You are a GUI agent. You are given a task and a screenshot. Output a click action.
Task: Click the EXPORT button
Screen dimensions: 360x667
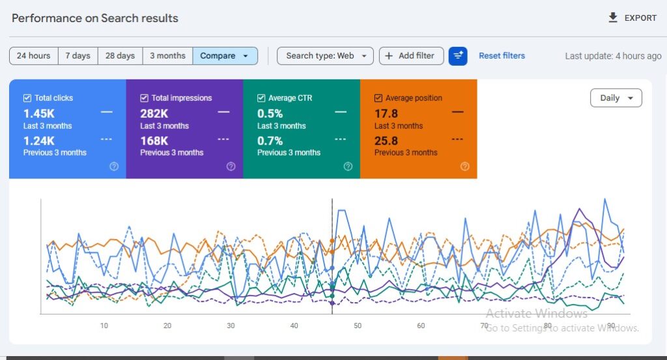pyautogui.click(x=632, y=18)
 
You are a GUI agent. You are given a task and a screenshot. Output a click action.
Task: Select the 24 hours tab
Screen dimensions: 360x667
pyautogui.click(x=34, y=56)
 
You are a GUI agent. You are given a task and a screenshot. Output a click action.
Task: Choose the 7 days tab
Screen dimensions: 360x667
pyautogui.click(x=78, y=56)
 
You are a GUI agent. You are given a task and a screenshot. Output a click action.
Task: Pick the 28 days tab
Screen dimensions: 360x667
pyautogui.click(x=120, y=56)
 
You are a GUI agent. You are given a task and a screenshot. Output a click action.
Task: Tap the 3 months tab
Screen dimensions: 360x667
pyautogui.click(x=167, y=56)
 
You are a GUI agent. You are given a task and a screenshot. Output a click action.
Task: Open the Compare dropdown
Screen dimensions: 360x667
pyautogui.click(x=225, y=56)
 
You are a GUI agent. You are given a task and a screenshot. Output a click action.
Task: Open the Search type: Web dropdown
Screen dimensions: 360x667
pyautogui.click(x=326, y=56)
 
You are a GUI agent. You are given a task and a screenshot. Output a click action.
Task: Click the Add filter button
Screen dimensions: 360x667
pyautogui.click(x=411, y=56)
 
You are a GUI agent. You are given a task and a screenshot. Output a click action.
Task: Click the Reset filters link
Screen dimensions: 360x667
pyautogui.click(x=502, y=56)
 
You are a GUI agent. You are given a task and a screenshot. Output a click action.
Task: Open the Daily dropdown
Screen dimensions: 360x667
pyautogui.click(x=616, y=98)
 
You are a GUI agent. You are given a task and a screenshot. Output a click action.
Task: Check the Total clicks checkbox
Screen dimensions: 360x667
pyautogui.click(x=27, y=98)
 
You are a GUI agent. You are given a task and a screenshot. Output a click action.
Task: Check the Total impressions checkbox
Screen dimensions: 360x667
pyautogui.click(x=145, y=98)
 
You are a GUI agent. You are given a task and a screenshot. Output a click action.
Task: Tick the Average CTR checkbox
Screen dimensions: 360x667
pyautogui.click(x=262, y=98)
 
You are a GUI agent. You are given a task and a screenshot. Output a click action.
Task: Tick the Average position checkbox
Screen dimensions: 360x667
pyautogui.click(x=378, y=98)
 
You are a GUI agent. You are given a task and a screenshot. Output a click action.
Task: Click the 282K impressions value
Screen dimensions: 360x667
pyautogui.click(x=154, y=114)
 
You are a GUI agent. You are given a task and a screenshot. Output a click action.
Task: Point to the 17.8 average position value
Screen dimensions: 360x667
pyautogui.click(x=386, y=114)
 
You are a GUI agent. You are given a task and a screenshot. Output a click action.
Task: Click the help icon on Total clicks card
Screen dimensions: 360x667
pyautogui.click(x=114, y=167)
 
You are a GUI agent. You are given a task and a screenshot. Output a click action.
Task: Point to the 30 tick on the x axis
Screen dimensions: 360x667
pyautogui.click(x=231, y=325)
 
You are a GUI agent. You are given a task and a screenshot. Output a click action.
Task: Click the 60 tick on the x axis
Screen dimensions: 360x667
pyautogui.click(x=421, y=325)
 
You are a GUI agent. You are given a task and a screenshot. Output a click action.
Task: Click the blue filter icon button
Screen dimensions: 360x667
pyautogui.click(x=458, y=56)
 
